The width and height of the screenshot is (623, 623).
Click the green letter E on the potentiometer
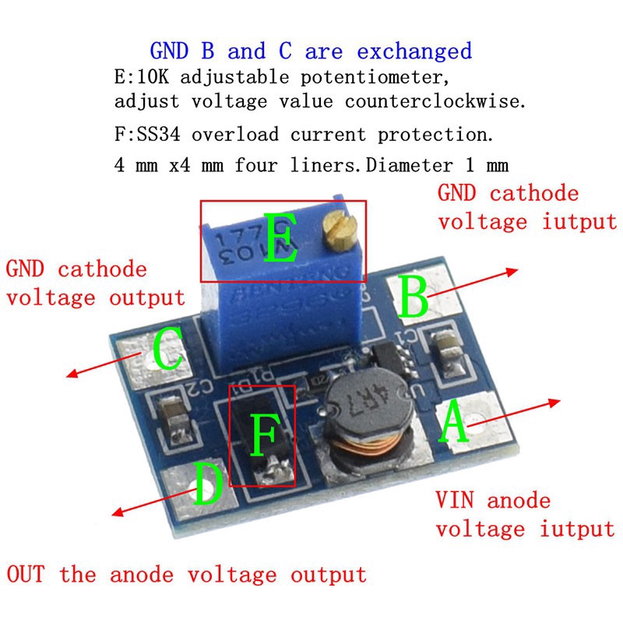[x=280, y=238]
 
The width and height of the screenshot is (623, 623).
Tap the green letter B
[x=414, y=297]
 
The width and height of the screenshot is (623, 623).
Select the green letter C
[x=168, y=348]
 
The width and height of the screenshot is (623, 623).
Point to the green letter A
[x=453, y=421]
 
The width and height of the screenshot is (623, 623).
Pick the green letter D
[x=208, y=483]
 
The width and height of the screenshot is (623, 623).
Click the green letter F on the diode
[x=264, y=435]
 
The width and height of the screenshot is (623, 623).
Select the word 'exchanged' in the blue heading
[x=414, y=51]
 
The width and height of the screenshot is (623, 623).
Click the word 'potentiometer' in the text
[x=374, y=76]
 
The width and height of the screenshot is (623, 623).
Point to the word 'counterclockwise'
[x=435, y=101]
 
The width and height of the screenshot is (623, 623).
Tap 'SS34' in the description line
[x=159, y=134]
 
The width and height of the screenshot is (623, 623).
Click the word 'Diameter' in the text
[x=410, y=165]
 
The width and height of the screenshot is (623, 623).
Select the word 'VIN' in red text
[x=455, y=500]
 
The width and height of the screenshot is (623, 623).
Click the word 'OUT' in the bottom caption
[x=26, y=574]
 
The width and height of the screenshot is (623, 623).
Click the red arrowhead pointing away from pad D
[x=118, y=512]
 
